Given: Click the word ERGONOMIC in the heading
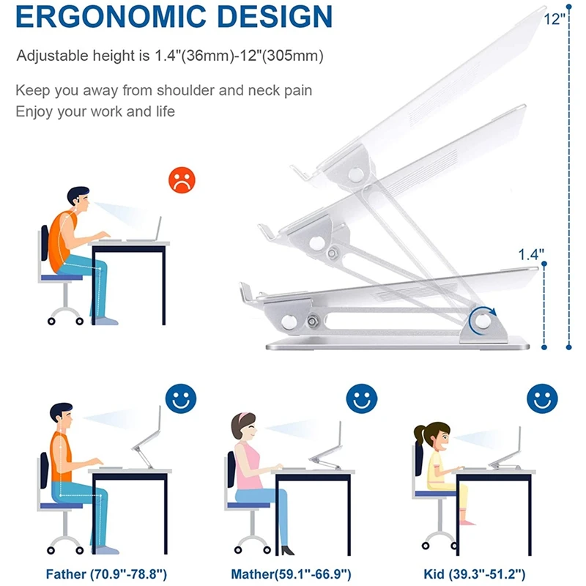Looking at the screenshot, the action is click(111, 16).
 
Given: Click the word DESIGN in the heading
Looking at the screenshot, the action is click(275, 16).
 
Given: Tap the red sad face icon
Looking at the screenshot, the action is click(182, 180).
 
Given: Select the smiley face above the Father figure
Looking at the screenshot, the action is click(181, 398).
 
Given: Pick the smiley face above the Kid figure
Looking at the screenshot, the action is click(542, 398).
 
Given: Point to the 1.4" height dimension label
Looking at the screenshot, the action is click(531, 255).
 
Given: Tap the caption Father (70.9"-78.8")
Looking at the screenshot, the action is click(106, 574).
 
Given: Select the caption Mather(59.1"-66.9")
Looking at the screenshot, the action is click(291, 574).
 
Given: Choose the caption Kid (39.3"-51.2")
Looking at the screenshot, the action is click(475, 574).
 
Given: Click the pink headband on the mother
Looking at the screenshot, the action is click(245, 415).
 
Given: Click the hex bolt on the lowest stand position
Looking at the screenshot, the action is click(313, 322).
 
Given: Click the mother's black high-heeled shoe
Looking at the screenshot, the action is click(287, 550).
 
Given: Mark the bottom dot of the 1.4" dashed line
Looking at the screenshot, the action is click(544, 347).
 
